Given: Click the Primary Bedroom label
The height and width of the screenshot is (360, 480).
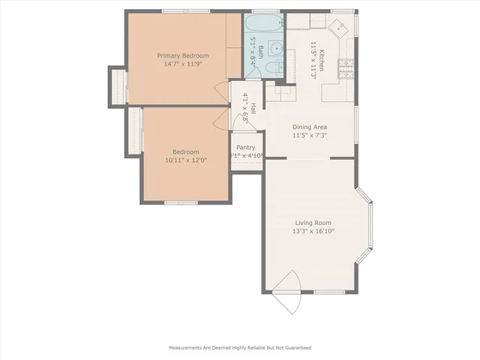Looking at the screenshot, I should (x=182, y=55).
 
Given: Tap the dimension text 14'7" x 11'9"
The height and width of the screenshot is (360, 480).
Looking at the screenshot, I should (x=182, y=64).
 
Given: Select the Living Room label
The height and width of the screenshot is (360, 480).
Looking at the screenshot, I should (x=313, y=223).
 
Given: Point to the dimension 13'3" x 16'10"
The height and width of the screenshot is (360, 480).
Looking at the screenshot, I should (x=313, y=232).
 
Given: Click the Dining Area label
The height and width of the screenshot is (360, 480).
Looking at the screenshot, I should (x=309, y=127).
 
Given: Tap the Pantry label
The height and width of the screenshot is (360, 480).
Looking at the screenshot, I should (x=245, y=148).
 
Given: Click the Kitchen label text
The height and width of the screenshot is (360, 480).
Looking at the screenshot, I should (x=321, y=58).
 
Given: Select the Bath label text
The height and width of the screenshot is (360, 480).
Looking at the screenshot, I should (x=261, y=52).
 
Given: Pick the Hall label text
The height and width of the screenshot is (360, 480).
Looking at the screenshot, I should (x=253, y=109).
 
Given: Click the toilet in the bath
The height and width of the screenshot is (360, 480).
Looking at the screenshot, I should (x=275, y=70).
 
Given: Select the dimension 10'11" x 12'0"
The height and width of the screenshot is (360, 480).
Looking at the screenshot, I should (x=186, y=160).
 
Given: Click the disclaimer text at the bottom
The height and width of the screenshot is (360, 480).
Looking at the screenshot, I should (x=239, y=348).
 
